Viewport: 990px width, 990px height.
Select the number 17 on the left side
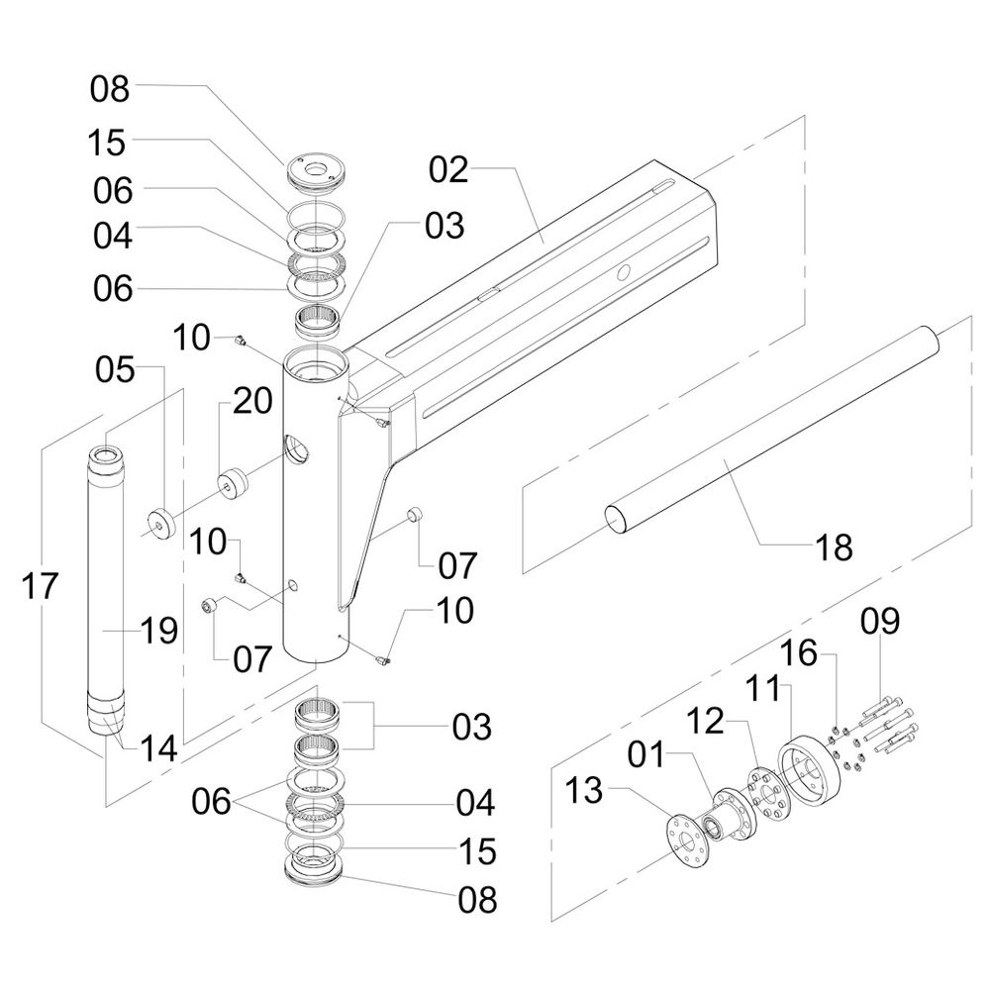(40, 586)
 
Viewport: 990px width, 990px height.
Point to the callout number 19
(158, 630)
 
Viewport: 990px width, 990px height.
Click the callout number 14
(158, 748)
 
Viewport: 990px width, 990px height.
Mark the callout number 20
(251, 401)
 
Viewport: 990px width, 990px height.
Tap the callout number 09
(880, 623)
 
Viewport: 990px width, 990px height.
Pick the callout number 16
(801, 653)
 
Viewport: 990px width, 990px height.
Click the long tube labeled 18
(772, 426)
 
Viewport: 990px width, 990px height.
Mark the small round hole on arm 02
(623, 273)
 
